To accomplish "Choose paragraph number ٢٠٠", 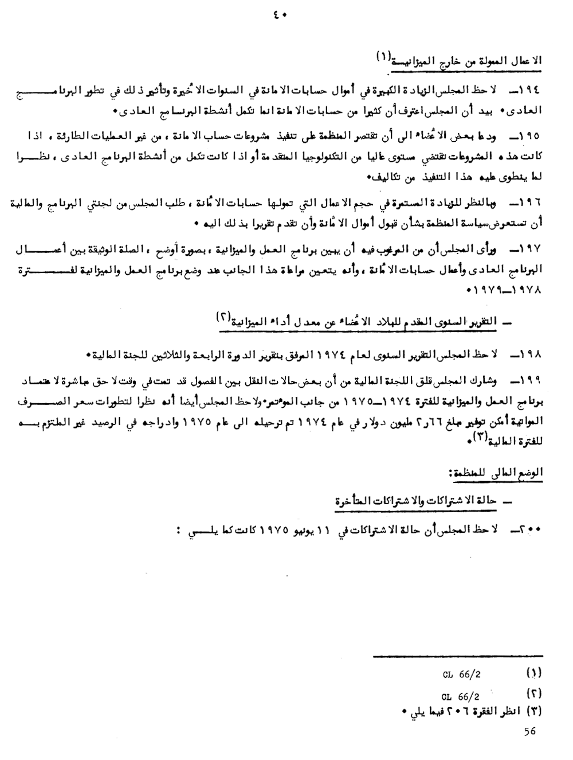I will point(530,531).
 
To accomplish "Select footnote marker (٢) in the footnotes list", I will point(533,693).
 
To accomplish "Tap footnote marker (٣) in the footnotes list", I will point(533,711).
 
